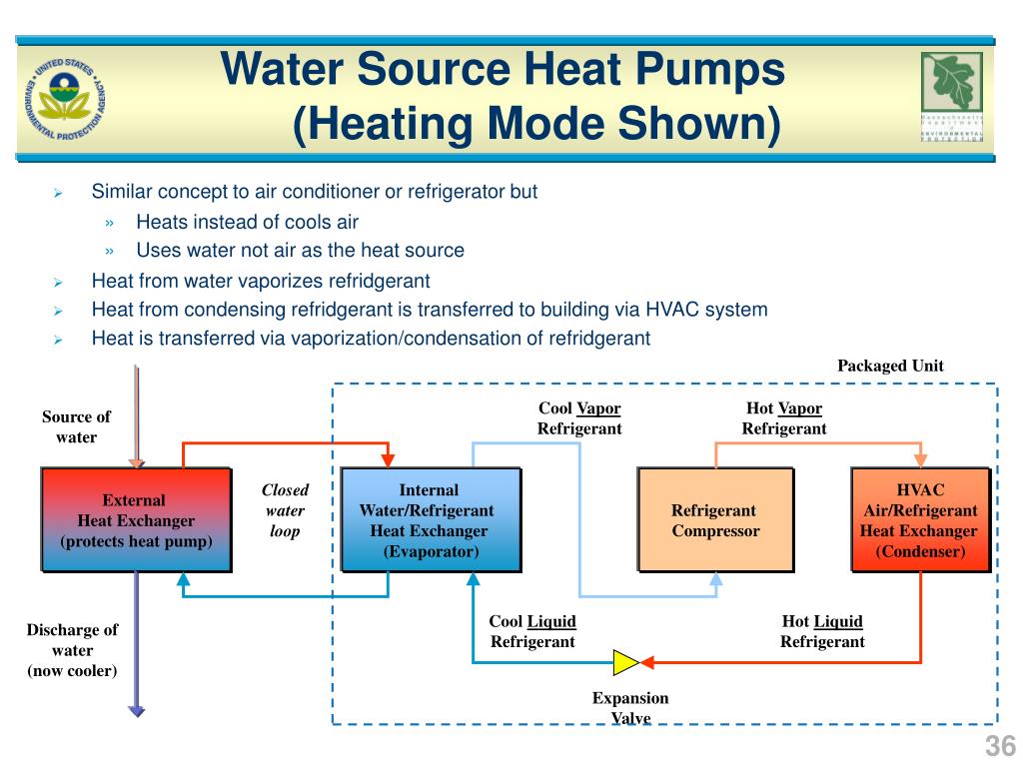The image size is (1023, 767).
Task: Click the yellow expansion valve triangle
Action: point(626,661)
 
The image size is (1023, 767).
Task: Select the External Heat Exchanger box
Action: point(136,520)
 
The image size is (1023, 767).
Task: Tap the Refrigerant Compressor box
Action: point(715,520)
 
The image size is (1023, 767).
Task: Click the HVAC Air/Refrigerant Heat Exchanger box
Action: point(919,520)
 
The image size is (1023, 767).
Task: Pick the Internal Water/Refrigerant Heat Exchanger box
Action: point(430,520)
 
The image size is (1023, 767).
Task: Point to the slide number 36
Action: point(1000,746)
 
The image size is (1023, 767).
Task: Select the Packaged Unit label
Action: point(890,366)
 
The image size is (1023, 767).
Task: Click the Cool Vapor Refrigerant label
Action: point(579,418)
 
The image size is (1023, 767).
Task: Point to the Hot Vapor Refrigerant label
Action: point(784,418)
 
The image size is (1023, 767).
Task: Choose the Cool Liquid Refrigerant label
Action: point(532,631)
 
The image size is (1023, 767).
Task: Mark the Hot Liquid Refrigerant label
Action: point(822,631)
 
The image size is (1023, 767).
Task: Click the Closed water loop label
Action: point(285,510)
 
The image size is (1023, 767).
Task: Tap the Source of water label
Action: point(76,426)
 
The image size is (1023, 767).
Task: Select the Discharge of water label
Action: point(72,650)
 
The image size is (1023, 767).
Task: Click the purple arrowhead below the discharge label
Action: point(136,710)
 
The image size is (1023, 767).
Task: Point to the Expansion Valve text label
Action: point(630,708)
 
